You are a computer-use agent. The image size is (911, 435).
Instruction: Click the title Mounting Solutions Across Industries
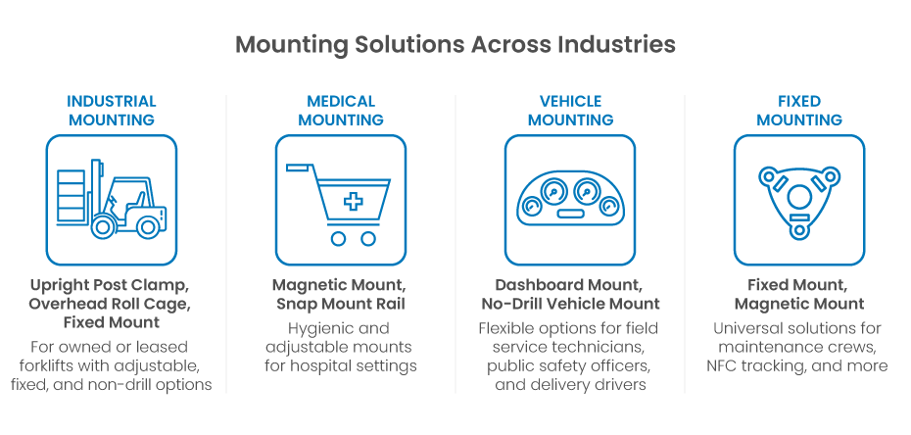[455, 45]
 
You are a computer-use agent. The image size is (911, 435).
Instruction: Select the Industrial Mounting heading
[112, 110]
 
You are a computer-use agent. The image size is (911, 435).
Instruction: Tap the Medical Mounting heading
[340, 110]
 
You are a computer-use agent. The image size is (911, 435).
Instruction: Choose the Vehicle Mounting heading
[570, 110]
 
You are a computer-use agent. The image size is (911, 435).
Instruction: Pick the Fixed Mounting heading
[798, 110]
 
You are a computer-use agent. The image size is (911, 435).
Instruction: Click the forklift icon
[112, 200]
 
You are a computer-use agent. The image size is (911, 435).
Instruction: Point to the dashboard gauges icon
[570, 199]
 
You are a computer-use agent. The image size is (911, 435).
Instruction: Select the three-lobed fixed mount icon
[798, 199]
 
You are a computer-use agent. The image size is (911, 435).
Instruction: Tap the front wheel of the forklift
[102, 228]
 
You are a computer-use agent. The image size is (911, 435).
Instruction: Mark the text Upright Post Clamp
[108, 286]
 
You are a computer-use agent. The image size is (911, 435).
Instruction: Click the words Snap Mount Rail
[341, 304]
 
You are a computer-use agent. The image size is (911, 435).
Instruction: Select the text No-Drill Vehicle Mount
[570, 304]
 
